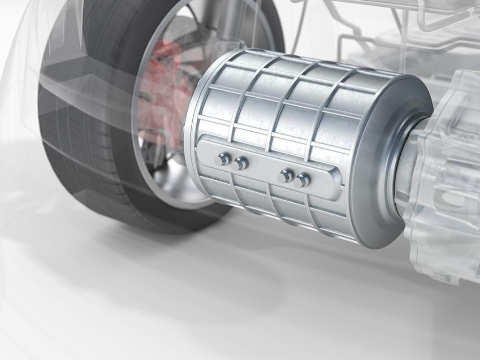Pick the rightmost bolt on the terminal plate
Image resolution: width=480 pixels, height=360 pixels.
coord(302,180)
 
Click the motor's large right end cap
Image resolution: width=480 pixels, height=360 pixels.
coord(390,164)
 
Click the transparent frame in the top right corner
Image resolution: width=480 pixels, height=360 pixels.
coord(407,28)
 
